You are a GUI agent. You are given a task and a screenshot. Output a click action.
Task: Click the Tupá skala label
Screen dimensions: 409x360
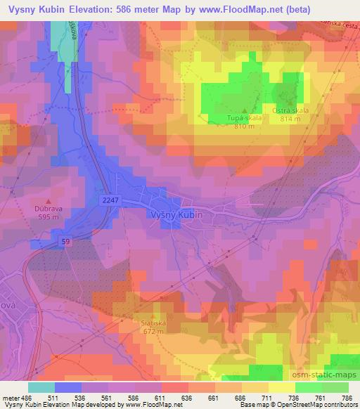click(244, 118)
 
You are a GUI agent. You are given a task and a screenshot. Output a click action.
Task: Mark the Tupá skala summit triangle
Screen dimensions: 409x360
click(245, 110)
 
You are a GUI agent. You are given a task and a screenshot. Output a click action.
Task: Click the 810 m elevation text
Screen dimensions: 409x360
click(244, 126)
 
